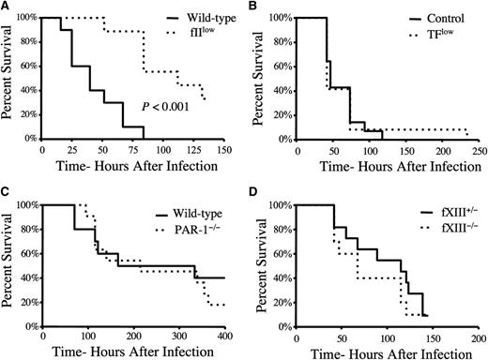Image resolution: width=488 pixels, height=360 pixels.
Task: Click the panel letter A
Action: point(7,7)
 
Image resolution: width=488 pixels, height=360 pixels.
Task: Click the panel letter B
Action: point(256,7)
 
